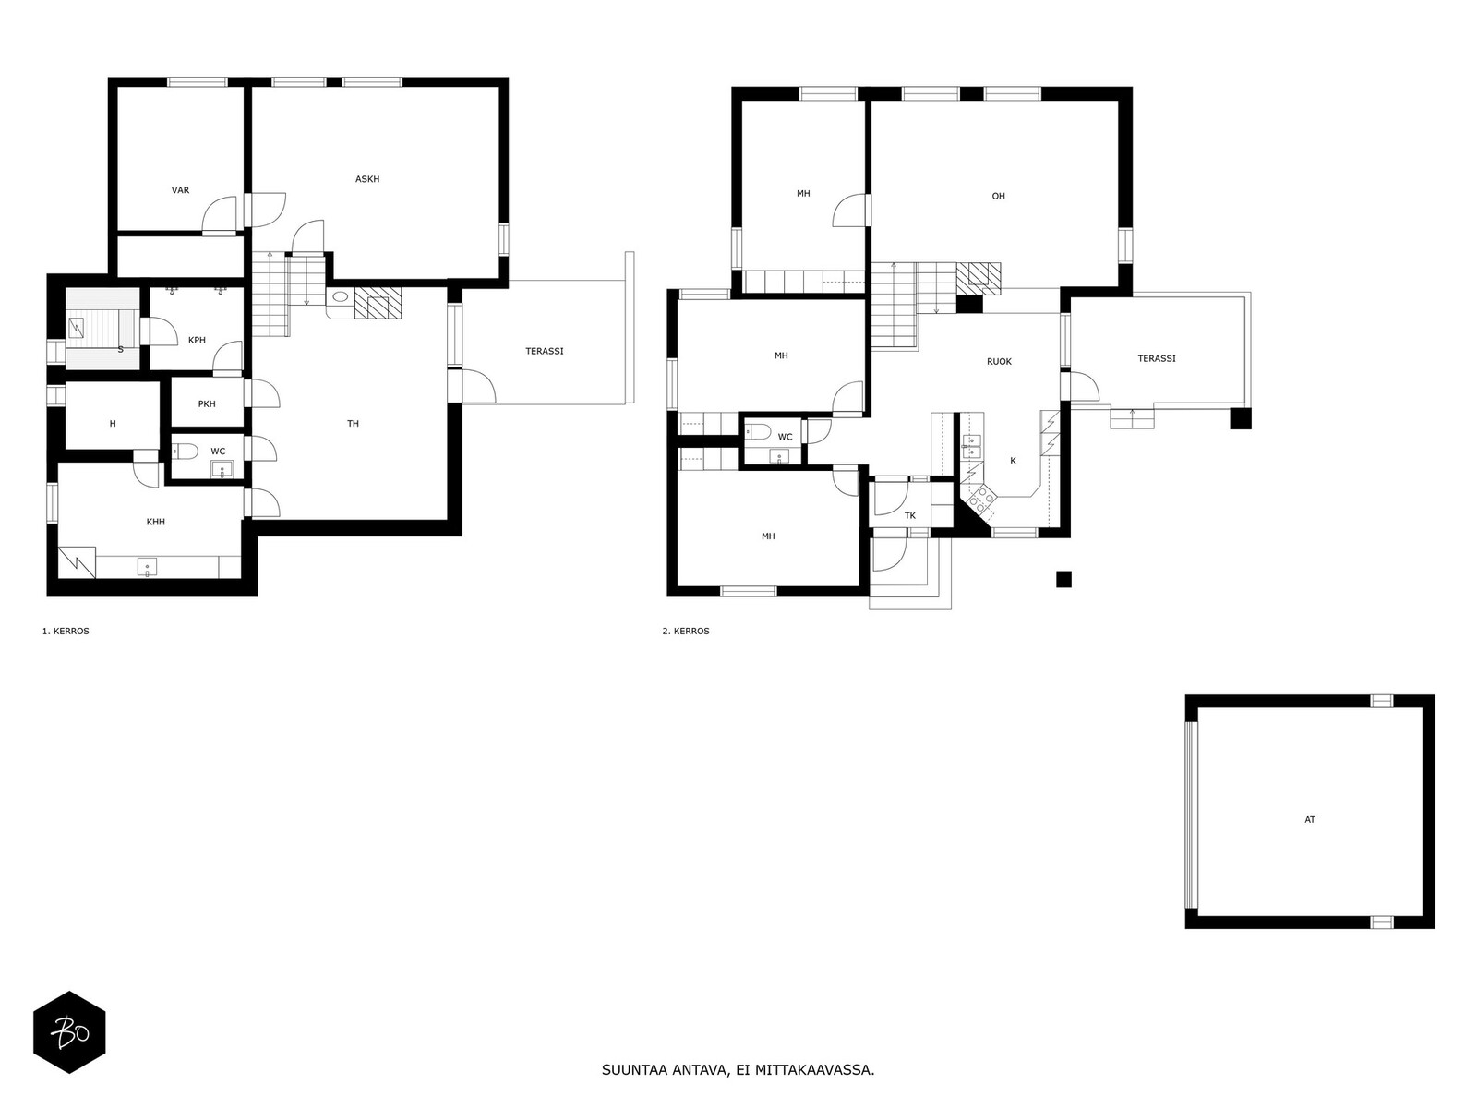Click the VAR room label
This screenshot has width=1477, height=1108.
180,190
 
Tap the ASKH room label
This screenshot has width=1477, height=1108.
367,179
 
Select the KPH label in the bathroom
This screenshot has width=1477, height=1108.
197,341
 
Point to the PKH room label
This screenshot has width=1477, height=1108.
207,404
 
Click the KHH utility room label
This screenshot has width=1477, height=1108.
155,522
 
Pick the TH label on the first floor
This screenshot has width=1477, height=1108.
354,424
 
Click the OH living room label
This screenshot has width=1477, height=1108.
998,197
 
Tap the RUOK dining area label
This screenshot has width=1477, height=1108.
999,362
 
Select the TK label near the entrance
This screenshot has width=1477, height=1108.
910,516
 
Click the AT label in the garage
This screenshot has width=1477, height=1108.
1309,819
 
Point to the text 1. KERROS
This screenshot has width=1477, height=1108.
66,631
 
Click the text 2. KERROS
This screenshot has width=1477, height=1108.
686,631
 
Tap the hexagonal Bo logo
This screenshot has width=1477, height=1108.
69,1032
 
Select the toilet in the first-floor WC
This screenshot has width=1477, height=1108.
185,451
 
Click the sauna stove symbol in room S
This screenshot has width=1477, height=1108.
76,328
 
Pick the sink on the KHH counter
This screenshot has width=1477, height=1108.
148,567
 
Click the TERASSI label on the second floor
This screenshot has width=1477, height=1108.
1157,358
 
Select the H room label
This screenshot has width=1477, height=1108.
113,424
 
